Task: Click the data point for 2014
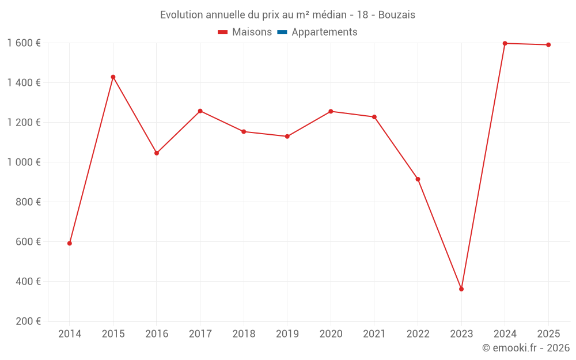coord(70,243)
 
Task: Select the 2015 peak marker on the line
coord(113,77)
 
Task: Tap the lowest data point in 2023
coord(461,289)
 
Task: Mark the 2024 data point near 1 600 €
coord(505,43)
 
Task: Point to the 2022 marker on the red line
coord(418,179)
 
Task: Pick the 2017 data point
coord(200,111)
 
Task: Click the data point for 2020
coord(331,112)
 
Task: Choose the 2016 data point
coord(157,153)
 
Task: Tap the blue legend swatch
coord(282,32)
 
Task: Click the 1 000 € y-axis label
coord(24,162)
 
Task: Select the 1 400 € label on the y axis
coord(24,83)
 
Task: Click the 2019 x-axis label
coord(287,334)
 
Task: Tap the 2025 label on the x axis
coord(548,334)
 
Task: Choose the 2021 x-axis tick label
coord(374,334)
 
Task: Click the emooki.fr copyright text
coord(526,348)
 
